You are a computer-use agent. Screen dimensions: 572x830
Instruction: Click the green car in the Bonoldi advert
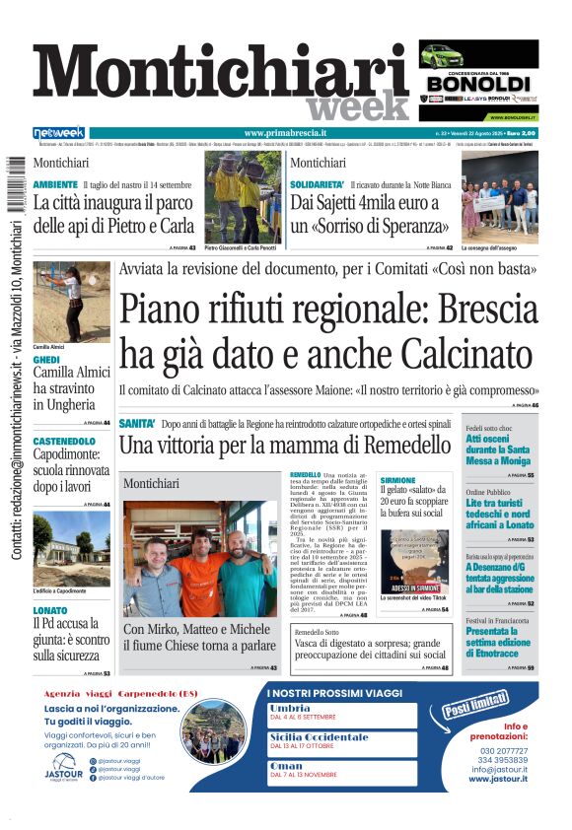coord(452,55)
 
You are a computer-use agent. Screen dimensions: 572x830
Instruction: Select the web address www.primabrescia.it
coord(285,132)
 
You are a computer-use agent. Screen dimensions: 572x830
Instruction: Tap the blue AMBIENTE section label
coord(55,184)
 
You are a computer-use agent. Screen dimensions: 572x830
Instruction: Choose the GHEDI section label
coord(46,360)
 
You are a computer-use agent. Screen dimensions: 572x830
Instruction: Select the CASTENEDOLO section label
coord(64,440)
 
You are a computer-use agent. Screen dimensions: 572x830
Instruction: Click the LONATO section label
coord(49,610)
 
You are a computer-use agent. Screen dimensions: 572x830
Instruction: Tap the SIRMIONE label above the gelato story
coord(397,479)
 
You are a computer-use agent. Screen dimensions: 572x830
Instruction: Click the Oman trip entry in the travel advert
coord(285,765)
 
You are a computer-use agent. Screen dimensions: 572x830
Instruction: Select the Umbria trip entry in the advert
coord(289,709)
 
